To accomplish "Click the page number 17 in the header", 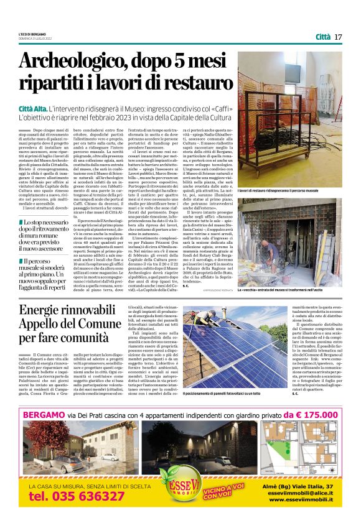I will pyautogui.click(x=338, y=37).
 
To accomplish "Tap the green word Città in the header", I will pyautogui.click(x=322, y=37).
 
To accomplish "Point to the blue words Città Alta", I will pyautogui.click(x=34, y=109).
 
